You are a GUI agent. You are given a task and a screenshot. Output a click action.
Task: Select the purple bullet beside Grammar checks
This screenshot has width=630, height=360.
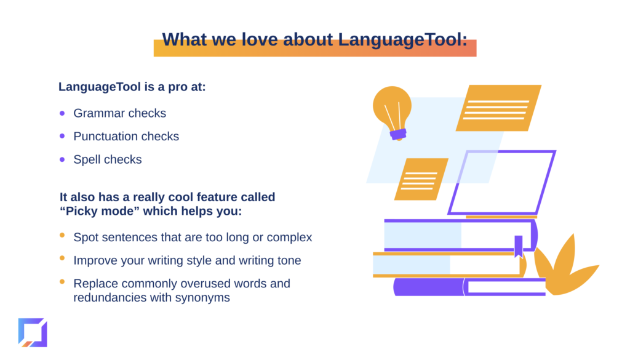62,113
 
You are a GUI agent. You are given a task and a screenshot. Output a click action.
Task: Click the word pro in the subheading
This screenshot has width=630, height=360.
178,87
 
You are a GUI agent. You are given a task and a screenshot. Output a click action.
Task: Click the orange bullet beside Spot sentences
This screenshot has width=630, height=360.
62,235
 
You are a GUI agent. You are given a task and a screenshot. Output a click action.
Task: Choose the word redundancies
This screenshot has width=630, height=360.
110,298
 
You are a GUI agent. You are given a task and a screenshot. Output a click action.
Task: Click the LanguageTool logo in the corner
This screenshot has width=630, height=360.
33,333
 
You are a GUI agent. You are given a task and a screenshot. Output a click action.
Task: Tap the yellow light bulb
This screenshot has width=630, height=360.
392,108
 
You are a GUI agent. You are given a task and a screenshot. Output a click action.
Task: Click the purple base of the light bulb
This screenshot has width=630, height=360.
398,134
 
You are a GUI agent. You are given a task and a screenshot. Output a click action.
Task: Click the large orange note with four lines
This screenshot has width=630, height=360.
498,108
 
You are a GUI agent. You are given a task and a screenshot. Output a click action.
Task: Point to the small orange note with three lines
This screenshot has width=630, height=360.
421,179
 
